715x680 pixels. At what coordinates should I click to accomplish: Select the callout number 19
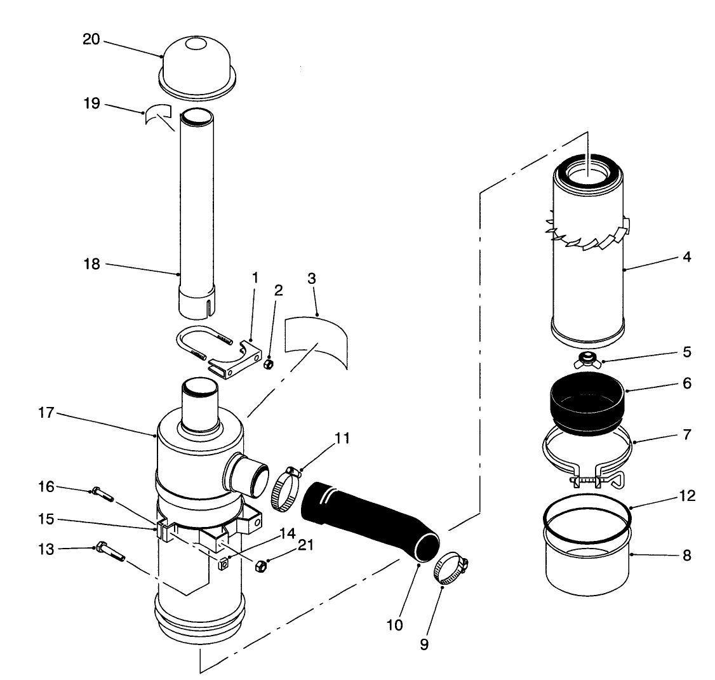(91, 103)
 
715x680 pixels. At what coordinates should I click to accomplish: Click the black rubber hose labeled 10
(368, 514)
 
